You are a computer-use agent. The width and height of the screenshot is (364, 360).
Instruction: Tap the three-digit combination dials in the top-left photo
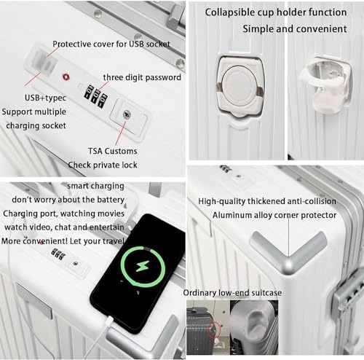pos(95,94)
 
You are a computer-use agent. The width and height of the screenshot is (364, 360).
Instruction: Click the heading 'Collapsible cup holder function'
pos(274,12)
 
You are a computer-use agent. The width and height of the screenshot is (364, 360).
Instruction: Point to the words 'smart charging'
pos(90,187)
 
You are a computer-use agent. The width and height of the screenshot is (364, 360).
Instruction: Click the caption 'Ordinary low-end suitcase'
pos(232,292)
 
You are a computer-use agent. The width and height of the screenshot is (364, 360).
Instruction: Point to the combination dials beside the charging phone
pos(58,254)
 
